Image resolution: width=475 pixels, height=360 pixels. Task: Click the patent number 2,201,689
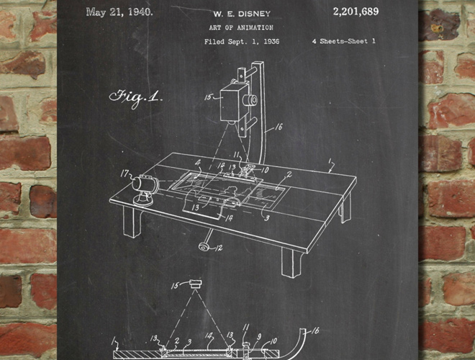[356, 12]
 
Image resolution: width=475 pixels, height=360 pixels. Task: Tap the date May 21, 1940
[119, 12]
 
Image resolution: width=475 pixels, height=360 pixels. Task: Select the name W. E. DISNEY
[242, 14]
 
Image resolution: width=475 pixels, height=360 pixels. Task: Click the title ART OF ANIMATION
[241, 27]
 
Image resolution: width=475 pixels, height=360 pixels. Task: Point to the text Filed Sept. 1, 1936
[242, 42]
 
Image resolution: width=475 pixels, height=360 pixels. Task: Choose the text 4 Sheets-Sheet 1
[343, 41]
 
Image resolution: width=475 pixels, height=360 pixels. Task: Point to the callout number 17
[125, 174]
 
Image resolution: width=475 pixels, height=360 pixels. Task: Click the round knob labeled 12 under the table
[204, 246]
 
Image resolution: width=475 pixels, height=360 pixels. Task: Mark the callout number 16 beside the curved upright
[279, 127]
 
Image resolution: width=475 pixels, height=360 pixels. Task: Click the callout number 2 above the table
[289, 174]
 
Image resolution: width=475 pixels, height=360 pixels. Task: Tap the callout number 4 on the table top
[198, 163]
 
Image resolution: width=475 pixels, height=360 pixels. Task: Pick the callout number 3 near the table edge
[267, 218]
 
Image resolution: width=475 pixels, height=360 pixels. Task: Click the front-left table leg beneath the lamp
[132, 222]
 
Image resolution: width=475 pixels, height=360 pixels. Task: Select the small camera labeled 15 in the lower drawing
[195, 284]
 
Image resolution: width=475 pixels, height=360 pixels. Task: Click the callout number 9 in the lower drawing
[259, 336]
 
